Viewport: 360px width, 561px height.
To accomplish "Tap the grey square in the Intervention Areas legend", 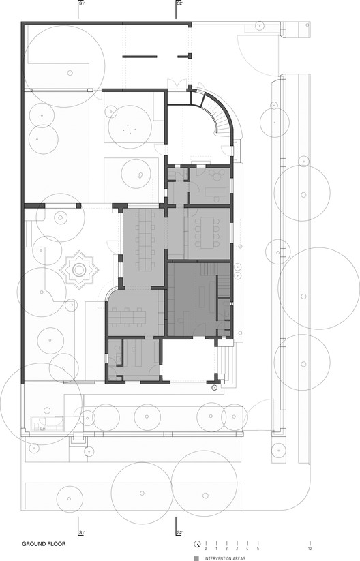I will [196, 558].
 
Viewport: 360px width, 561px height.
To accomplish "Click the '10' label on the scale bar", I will [310, 549].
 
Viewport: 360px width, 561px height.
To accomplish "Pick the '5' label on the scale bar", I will [258, 549].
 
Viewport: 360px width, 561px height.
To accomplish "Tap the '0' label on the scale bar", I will [205, 549].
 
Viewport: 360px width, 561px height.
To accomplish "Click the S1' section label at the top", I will [81, 4].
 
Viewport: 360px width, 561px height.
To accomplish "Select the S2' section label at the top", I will [179, 4].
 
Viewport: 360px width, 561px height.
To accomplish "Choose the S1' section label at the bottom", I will [81, 532].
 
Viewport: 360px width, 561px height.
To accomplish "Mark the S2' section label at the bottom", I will [179, 532].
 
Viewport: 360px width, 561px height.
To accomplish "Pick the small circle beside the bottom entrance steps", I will [215, 388].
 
